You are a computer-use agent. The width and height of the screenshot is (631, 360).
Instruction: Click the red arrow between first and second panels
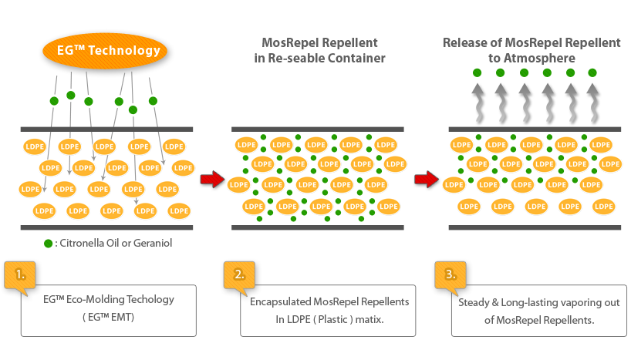point(211,180)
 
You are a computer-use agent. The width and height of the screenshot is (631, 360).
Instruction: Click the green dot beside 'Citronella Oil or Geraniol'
point(48,244)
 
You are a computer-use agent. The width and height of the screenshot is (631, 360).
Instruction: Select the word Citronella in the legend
point(87,244)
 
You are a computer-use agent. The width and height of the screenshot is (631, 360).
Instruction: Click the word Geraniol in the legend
point(150,244)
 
